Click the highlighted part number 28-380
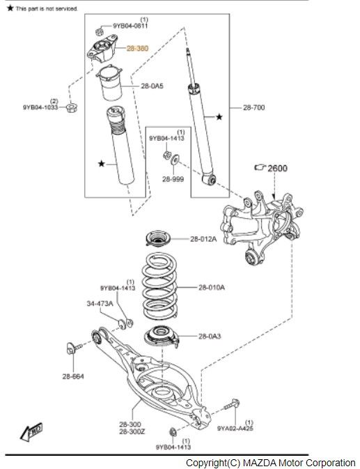pos(137,48)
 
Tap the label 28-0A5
pos(152,86)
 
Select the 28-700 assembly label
pos(253,107)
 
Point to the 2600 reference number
pos(277,168)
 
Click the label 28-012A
pos(203,239)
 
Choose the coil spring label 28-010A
pos(212,287)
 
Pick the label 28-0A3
pos(210,336)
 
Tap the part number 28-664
pos(73,376)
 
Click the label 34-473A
pos(100,303)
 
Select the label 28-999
pos(173,179)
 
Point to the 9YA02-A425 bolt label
pos(235,429)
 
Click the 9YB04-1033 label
pos(40,107)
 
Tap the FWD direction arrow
pos(31,432)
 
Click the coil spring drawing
pos(159,286)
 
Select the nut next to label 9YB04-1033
pos(72,107)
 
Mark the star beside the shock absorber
pos(219,117)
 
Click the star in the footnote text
pos(10,8)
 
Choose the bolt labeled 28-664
pos(74,348)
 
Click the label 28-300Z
pos(132,431)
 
